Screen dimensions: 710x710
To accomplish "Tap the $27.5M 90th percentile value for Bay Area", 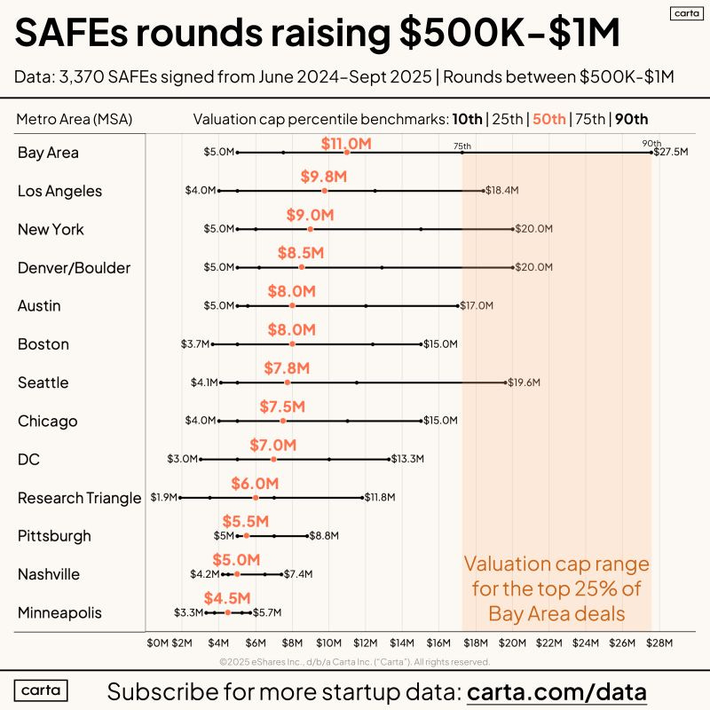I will tap(671, 153).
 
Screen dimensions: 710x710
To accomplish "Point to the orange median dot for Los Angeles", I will tap(325, 191).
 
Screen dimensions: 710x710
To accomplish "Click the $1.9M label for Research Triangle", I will tap(163, 498).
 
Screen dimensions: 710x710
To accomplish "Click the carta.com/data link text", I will tap(556, 691).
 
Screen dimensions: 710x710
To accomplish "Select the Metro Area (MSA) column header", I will tap(73, 119).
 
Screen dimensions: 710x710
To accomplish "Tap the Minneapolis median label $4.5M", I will tap(227, 598).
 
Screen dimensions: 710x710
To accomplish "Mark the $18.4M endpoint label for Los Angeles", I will tap(502, 191).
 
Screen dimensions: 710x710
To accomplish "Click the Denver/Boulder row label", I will tap(74, 267).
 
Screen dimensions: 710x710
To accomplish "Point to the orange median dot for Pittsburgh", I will tap(247, 536).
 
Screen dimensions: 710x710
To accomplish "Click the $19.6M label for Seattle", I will tap(524, 383).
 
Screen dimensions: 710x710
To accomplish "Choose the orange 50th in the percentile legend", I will tap(548, 119).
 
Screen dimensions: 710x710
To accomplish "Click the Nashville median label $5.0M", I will tap(236, 560).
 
